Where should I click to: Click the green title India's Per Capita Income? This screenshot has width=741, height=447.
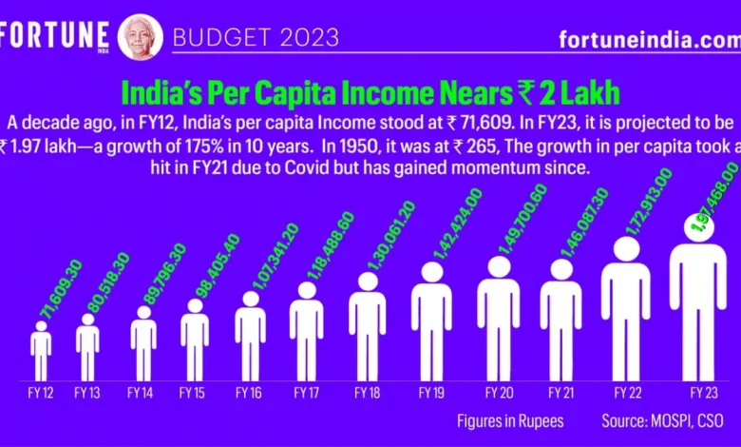[x=371, y=93]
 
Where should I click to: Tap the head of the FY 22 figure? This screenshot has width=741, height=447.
[x=626, y=249]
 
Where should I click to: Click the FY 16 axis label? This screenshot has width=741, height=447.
[x=250, y=391]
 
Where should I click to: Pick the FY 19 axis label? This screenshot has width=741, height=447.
[x=431, y=391]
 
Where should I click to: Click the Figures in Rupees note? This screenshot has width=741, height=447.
[x=509, y=419]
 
